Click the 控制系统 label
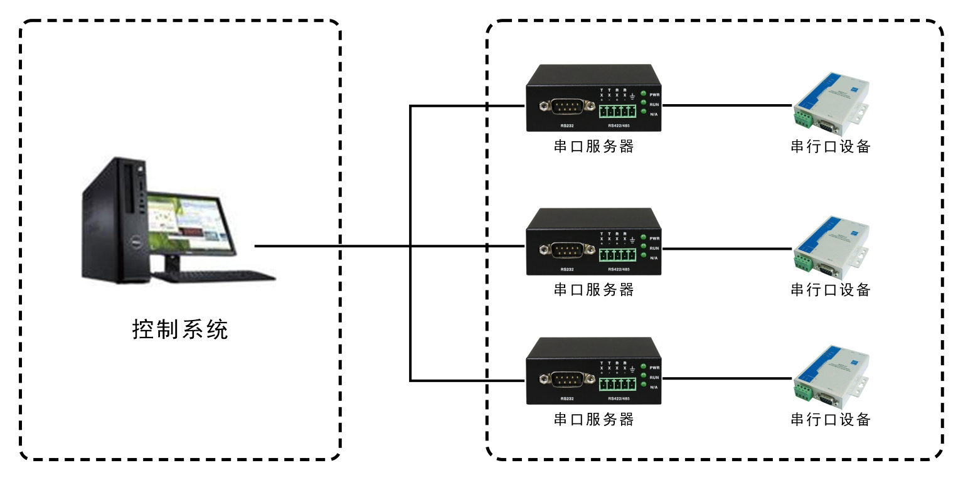pos(180,329)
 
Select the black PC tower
pos(114,220)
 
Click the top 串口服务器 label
pos(593,147)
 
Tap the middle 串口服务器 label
pos(593,289)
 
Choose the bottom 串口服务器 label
pos(593,419)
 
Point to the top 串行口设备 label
pos(831,147)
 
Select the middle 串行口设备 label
pos(831,289)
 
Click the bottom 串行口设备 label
pos(831,419)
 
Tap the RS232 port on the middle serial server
pos(567,250)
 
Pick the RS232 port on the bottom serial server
pos(567,379)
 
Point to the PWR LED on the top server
pos(644,94)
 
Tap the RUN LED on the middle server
pos(644,248)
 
